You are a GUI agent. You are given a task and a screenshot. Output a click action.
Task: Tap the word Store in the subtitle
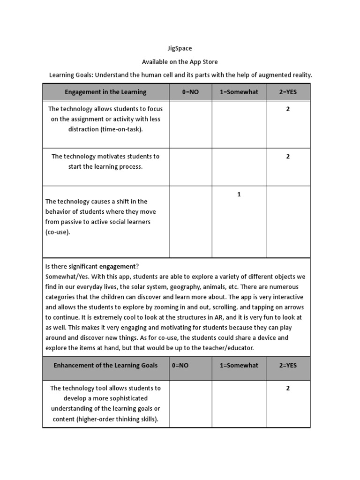pyautogui.click(x=209, y=62)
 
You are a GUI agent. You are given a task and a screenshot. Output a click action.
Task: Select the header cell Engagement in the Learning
pyautogui.click(x=105, y=92)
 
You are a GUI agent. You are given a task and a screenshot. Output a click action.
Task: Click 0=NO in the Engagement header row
pyautogui.click(x=190, y=92)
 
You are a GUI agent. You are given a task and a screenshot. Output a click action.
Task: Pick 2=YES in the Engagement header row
pyautogui.click(x=288, y=92)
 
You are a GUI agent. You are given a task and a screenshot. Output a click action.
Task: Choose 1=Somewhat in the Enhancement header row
pyautogui.click(x=239, y=365)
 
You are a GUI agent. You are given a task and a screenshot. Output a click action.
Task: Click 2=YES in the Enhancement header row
pyautogui.click(x=288, y=365)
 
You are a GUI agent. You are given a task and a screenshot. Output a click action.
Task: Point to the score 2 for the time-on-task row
pyautogui.click(x=288, y=109)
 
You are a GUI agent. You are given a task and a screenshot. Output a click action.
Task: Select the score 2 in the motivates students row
pyautogui.click(x=288, y=157)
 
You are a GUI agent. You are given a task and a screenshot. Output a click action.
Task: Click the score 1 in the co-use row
pyautogui.click(x=239, y=194)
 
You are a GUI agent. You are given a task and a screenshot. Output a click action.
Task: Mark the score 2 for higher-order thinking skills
pyautogui.click(x=288, y=388)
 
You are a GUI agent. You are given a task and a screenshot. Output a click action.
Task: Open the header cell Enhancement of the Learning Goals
pyautogui.click(x=105, y=365)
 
